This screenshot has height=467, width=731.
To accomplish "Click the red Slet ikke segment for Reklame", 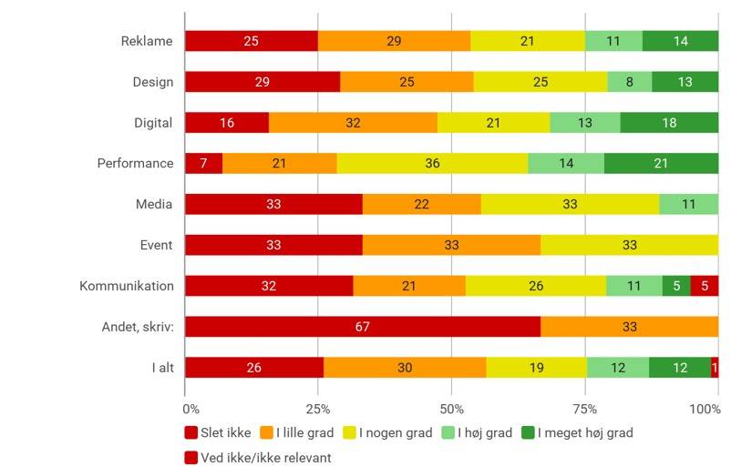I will [251, 41].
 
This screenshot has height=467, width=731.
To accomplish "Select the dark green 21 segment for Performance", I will [661, 164].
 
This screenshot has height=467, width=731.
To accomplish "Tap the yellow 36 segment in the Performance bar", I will [432, 164].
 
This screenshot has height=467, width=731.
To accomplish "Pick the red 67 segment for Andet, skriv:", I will [362, 327].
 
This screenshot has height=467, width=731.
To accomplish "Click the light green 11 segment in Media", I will [688, 205].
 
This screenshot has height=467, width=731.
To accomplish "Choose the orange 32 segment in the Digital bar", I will [353, 123].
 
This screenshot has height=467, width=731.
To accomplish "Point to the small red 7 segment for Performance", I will [203, 164].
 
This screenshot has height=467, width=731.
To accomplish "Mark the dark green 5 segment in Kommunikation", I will [675, 286].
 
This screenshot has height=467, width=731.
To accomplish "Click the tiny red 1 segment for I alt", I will [715, 368].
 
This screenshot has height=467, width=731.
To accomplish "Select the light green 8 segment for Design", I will [630, 82].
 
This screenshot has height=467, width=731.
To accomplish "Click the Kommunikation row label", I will [126, 286].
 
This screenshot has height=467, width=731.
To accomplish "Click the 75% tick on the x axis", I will [585, 409].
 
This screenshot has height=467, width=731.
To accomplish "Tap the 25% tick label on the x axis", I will [318, 409].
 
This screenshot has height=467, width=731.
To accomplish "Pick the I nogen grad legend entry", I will [393, 432].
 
